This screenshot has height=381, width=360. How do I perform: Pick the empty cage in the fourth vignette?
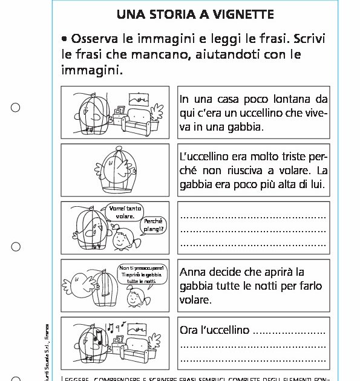pos(107,289)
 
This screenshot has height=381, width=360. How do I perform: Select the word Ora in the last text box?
pos(189,330)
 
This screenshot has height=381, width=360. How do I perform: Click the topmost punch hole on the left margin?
pos(16,108)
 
